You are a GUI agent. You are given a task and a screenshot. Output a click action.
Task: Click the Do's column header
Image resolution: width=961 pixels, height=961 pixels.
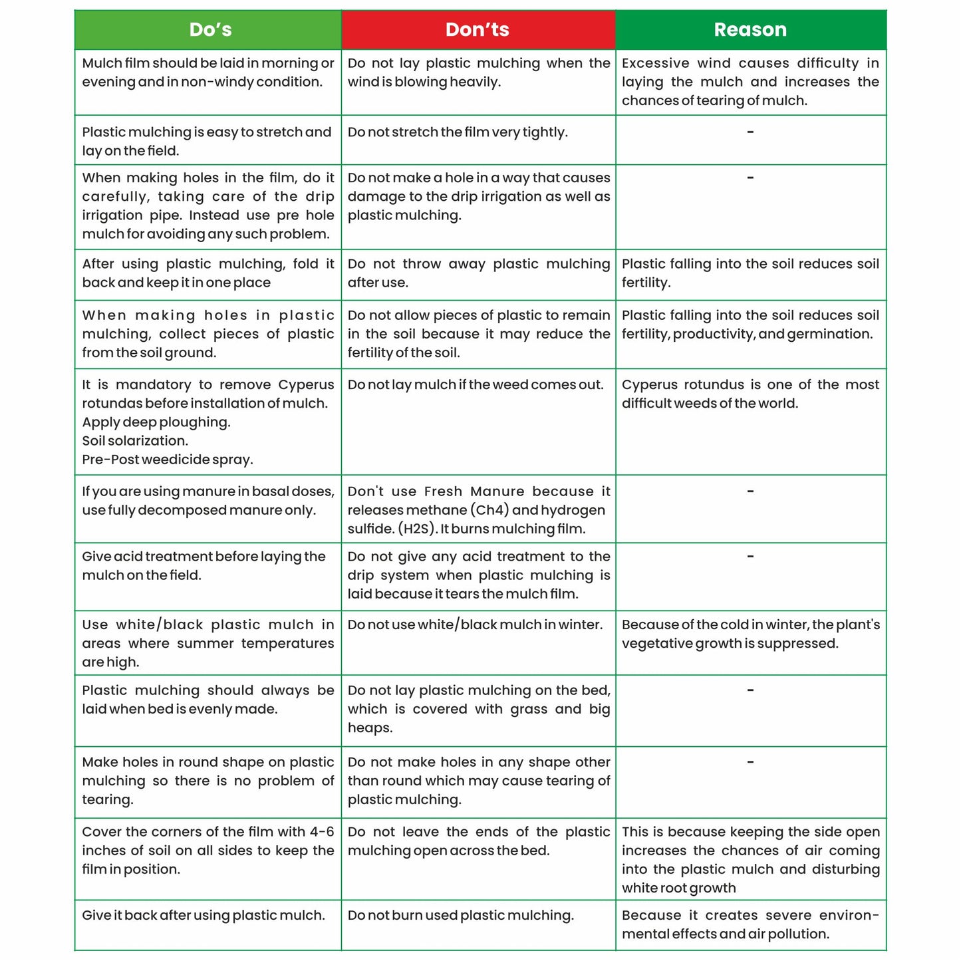pyautogui.click(x=210, y=30)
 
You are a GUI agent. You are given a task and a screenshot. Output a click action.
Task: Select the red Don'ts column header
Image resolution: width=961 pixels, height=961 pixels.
pyautogui.click(x=478, y=30)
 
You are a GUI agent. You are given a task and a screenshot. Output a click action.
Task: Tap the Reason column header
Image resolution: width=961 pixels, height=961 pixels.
pyautogui.click(x=750, y=30)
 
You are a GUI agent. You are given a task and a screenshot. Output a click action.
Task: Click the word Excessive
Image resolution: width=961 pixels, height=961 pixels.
pyautogui.click(x=655, y=63)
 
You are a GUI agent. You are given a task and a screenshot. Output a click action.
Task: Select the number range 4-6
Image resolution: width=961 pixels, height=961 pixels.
pyautogui.click(x=322, y=832)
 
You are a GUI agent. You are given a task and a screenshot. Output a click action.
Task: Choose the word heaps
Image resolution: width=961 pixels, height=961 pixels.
pyautogui.click(x=370, y=728)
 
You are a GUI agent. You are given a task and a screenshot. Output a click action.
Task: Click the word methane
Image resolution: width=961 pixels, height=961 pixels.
pyautogui.click(x=435, y=510)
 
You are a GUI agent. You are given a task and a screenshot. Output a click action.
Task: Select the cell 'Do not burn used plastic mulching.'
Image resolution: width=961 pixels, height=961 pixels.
pyautogui.click(x=460, y=916)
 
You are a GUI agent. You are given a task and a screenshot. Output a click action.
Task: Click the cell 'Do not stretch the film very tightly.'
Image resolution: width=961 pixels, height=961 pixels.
pyautogui.click(x=458, y=132)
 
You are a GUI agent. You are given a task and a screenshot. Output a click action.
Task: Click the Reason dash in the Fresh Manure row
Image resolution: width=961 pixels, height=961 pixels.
pyautogui.click(x=750, y=491)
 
